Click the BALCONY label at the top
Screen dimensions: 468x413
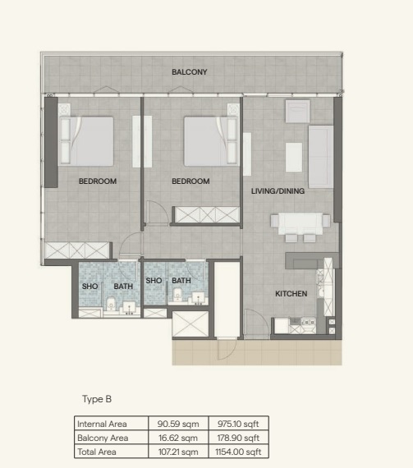[x=189, y=72]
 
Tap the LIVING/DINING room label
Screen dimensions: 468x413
[x=278, y=191]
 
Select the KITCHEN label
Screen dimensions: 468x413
[x=291, y=293]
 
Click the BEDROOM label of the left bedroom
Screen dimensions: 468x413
[x=98, y=181]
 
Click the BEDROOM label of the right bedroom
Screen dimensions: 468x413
[x=190, y=181]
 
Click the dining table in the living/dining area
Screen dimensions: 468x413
[x=296, y=223]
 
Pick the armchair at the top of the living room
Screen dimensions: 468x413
[x=297, y=111]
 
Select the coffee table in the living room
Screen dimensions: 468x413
[x=294, y=156]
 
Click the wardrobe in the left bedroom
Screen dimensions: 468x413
[x=78, y=250]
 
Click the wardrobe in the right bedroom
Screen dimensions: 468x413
[x=207, y=214]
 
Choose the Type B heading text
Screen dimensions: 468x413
[x=96, y=399]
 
